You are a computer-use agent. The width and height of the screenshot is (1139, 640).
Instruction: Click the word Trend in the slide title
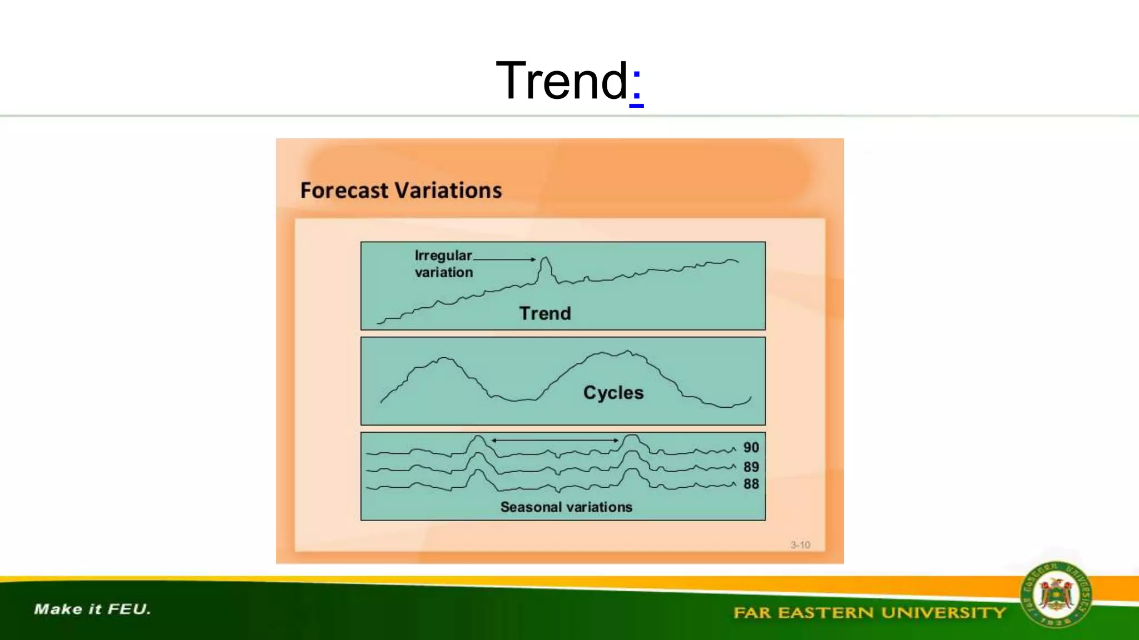click(562, 81)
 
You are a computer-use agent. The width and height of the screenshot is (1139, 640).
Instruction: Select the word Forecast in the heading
click(344, 191)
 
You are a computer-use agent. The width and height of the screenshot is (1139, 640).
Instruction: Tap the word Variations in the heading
click(449, 191)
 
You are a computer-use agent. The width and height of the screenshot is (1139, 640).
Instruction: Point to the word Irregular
click(443, 256)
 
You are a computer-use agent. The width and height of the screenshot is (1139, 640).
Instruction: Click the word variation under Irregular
click(444, 272)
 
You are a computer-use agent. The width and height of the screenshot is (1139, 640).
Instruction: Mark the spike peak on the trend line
click(545, 258)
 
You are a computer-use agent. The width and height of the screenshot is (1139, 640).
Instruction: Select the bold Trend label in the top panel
click(545, 313)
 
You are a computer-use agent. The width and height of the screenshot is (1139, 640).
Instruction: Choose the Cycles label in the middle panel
click(613, 393)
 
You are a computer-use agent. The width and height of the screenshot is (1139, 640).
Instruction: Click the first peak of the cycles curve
click(444, 359)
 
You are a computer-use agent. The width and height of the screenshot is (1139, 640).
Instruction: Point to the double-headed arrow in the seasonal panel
click(554, 441)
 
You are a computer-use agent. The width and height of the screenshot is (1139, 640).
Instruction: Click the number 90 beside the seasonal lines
click(751, 448)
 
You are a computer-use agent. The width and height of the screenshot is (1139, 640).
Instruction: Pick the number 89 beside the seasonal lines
click(751, 467)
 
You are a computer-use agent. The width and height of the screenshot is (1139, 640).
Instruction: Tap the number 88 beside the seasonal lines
click(751, 484)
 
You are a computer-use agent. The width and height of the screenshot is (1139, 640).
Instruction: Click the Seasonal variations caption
click(566, 507)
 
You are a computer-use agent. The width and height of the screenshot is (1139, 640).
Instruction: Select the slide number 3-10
click(800, 545)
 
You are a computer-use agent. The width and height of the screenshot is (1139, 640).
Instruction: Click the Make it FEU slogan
click(92, 609)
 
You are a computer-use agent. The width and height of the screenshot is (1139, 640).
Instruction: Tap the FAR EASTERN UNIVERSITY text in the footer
click(869, 613)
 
